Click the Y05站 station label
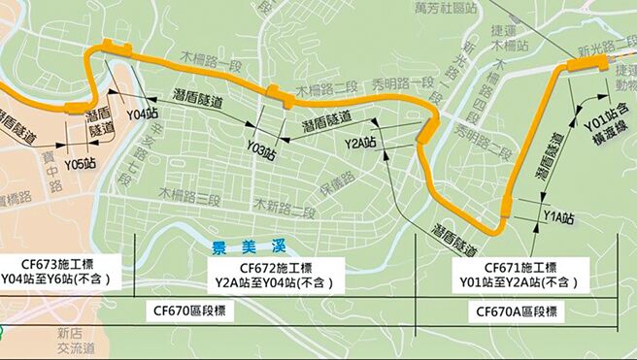(x=81, y=163)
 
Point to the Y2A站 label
(x=360, y=143)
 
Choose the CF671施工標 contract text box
(x=520, y=275)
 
